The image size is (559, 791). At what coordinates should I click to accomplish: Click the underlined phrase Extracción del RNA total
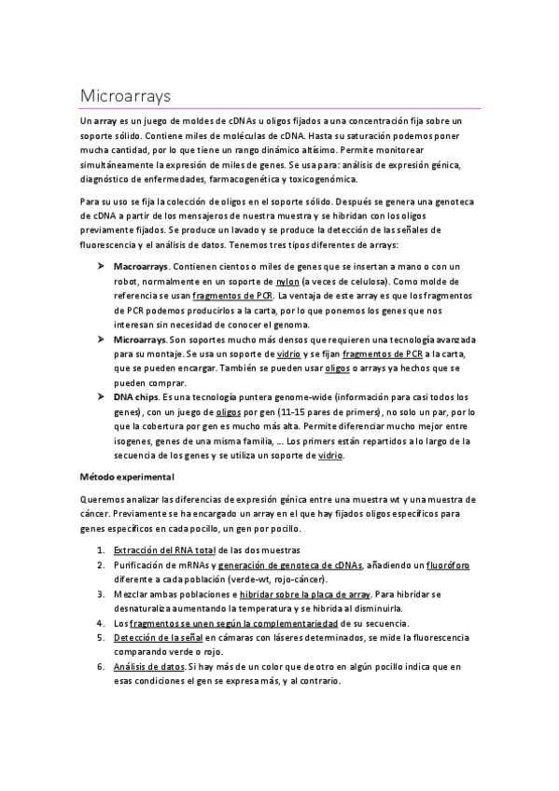pyautogui.click(x=164, y=550)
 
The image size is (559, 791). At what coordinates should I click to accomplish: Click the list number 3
pyautogui.click(x=101, y=594)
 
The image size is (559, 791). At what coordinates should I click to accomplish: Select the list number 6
pyautogui.click(x=101, y=667)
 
